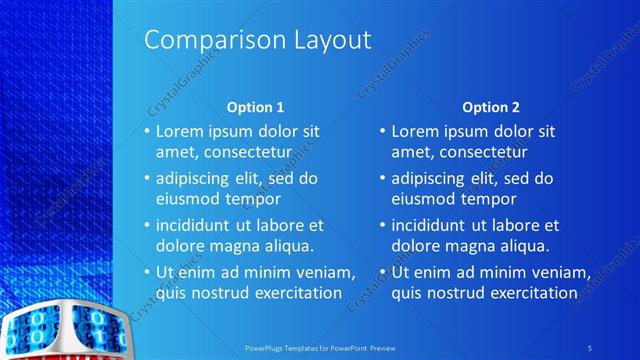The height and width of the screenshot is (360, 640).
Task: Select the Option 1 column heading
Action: pos(255,106)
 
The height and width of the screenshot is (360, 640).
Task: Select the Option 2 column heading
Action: pos(491,106)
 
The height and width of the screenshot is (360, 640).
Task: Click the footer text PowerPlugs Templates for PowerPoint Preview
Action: pos(320,347)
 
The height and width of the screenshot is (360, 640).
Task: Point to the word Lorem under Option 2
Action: pos(415,131)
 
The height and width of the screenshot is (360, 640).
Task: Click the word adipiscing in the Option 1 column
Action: pos(196,178)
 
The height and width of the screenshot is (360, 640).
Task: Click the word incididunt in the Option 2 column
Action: pos(432,225)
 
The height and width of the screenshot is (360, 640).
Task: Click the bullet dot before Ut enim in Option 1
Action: pos(147,272)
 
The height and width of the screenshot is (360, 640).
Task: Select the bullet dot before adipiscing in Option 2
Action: pos(383,178)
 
